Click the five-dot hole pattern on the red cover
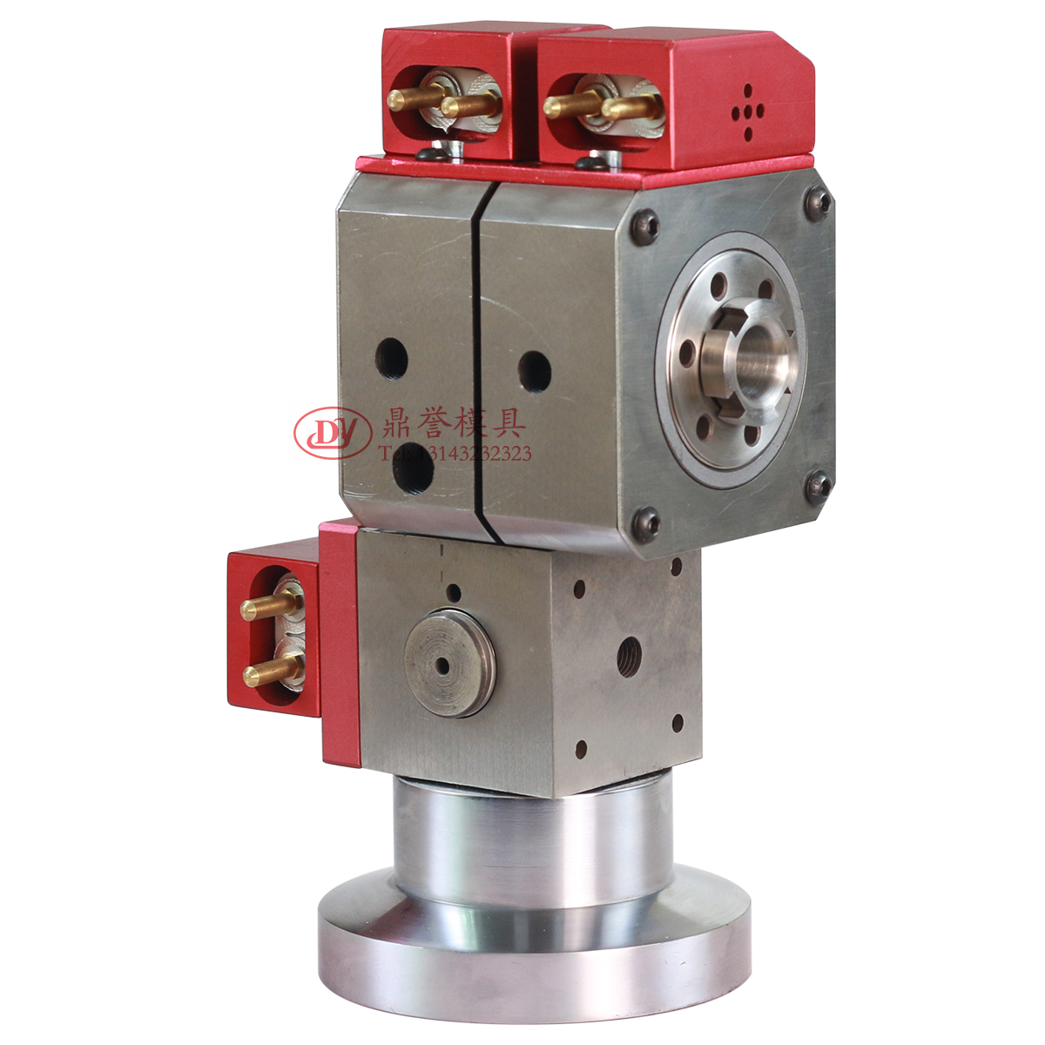tap(747, 111)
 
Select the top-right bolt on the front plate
tap(819, 202)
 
